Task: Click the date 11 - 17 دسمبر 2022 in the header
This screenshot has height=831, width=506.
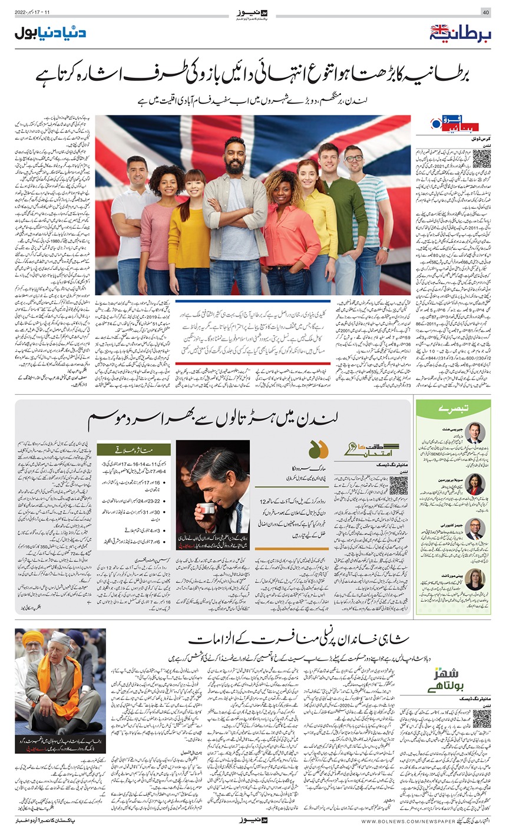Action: pyautogui.click(x=37, y=12)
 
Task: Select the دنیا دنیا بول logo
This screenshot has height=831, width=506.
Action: pyautogui.click(x=50, y=32)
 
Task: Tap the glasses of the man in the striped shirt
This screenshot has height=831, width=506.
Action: pyautogui.click(x=353, y=159)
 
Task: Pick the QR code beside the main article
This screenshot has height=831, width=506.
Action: pyautogui.click(x=481, y=159)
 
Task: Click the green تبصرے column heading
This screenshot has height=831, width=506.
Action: pyautogui.click(x=453, y=408)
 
